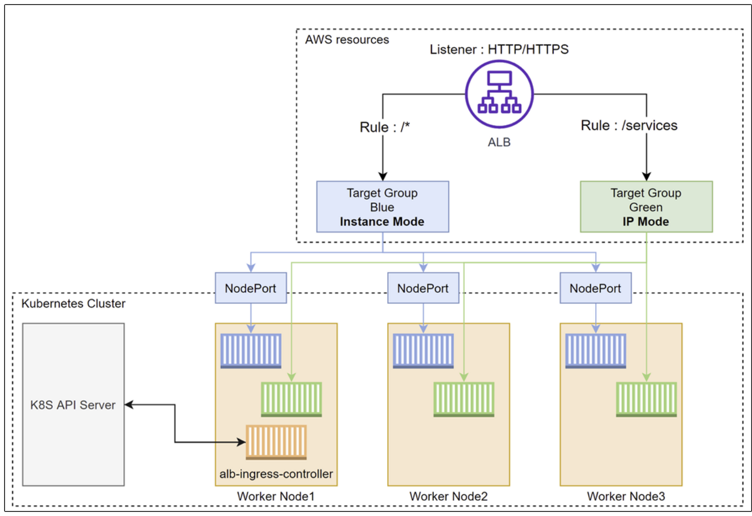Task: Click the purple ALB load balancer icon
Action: [499, 94]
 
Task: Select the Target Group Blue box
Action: [382, 207]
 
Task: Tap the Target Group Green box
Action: [646, 207]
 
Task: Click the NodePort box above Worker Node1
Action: [251, 288]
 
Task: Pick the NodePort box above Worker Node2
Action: [423, 288]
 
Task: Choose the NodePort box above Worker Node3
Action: [596, 288]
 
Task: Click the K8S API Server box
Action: [73, 404]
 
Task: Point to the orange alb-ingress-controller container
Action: [276, 442]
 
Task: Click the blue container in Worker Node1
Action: [251, 351]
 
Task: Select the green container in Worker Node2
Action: [464, 400]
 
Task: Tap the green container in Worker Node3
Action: [646, 400]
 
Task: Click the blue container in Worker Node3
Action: [596, 351]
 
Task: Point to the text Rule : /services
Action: [629, 125]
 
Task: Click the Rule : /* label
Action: [385, 127]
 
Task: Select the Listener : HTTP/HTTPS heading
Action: [499, 49]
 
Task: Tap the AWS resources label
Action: [347, 39]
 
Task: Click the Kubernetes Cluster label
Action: [73, 303]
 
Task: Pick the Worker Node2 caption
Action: [448, 496]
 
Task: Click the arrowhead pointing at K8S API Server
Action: [129, 404]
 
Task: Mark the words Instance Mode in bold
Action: [382, 222]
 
